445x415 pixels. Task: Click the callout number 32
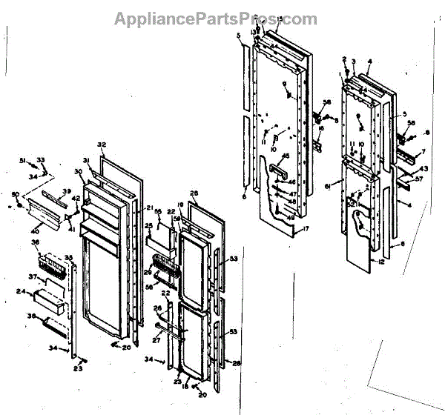point(102,145)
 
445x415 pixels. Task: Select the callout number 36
point(33,242)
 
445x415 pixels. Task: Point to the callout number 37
point(32,277)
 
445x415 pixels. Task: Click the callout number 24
point(22,292)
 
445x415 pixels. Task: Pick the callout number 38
point(30,315)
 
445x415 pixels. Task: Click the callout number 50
point(16,194)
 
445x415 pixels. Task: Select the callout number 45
point(286,156)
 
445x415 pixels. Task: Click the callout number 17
point(306,229)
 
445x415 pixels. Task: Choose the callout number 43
point(423,170)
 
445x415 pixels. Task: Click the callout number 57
point(418,179)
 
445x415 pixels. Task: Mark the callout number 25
point(148,225)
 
